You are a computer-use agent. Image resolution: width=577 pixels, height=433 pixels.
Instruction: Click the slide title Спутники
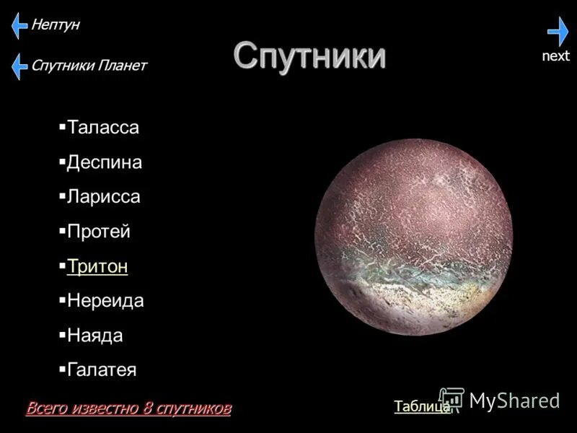[x=309, y=56]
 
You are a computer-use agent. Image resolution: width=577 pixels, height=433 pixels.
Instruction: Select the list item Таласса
[x=102, y=128]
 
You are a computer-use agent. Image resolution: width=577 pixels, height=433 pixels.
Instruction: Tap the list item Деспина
[x=104, y=162]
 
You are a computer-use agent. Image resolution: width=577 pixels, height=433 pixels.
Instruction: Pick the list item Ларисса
[x=103, y=196]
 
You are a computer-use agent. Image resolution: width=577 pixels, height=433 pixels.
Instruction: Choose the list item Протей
[x=98, y=232]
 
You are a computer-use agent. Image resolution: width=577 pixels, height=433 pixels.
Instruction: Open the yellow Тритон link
[x=97, y=266]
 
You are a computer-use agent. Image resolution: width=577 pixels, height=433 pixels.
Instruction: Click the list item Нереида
[x=105, y=301]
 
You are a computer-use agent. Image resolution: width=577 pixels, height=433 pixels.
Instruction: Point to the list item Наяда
[x=94, y=336]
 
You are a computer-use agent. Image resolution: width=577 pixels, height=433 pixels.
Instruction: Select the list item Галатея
[x=101, y=370]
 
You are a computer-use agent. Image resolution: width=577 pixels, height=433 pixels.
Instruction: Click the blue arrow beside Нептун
[x=19, y=26]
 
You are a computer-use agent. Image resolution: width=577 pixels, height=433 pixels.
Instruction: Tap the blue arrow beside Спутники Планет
[x=19, y=66]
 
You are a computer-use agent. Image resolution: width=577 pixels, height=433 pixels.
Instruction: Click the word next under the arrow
[x=555, y=56]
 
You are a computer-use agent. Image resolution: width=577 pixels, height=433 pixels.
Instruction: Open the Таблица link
[x=422, y=406]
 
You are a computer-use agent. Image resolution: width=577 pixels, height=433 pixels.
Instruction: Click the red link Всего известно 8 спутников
[x=128, y=408]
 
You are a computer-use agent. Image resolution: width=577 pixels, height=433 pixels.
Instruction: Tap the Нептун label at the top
[x=55, y=25]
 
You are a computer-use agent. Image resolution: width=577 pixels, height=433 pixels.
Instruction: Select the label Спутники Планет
[x=88, y=66]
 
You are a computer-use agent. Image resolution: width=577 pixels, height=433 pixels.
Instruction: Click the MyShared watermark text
[x=514, y=401]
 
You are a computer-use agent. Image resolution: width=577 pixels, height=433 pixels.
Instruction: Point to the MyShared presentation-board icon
[x=452, y=400]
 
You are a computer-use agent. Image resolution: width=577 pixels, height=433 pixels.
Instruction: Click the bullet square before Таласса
[x=62, y=126]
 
